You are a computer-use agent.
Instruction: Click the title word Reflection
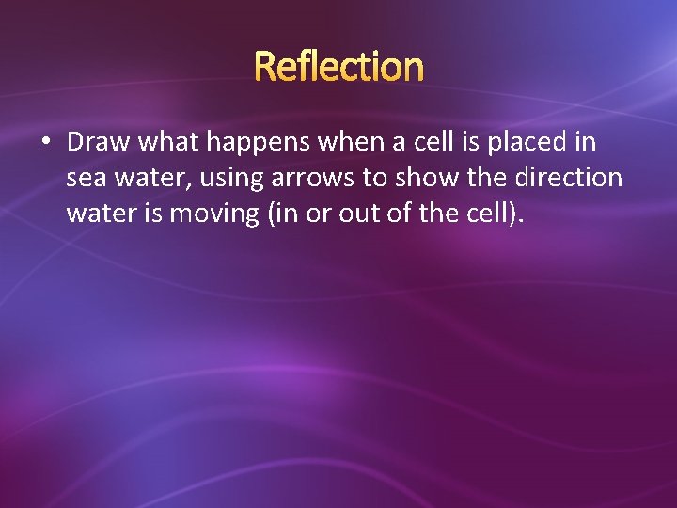338,67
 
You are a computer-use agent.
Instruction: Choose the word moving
215,214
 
